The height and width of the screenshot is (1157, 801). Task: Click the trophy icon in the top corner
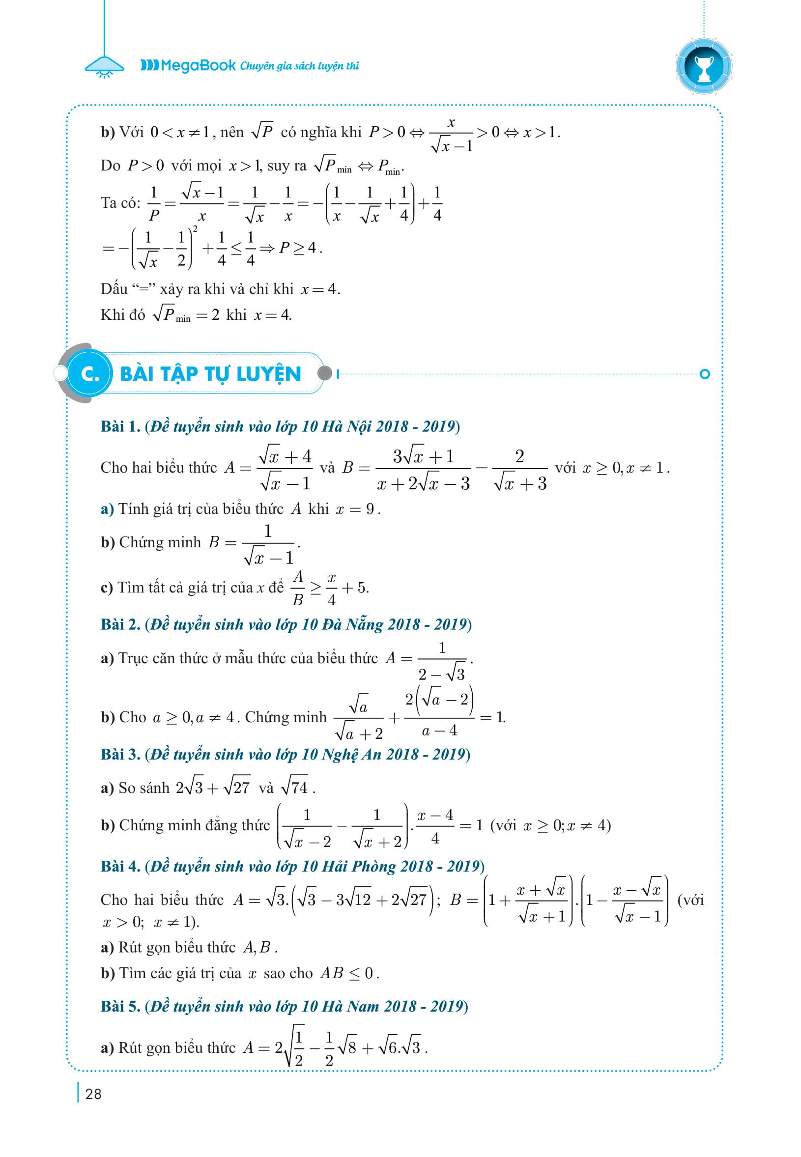704,66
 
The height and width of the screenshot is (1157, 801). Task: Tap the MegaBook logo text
188,65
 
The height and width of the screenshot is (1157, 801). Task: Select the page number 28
93,1094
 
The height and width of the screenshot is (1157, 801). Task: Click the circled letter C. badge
90,374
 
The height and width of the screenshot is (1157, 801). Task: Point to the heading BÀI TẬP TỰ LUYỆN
211,374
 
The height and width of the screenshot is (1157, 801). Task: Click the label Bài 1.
120,426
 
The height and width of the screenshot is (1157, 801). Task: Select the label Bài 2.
120,624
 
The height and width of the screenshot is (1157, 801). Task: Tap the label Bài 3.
120,754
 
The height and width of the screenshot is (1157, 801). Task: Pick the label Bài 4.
120,866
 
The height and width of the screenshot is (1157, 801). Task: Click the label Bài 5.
120,1006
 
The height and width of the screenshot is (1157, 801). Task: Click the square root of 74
295,787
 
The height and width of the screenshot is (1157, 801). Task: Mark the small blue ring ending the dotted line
705,374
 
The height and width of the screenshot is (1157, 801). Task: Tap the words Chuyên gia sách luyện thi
300,66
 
